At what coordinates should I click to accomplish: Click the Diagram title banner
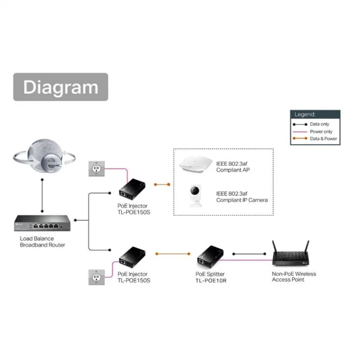tap(60, 87)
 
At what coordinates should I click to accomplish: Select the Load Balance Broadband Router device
tap(43, 223)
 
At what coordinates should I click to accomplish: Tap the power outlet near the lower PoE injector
tap(97, 277)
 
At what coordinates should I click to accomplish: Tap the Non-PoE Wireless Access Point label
tap(294, 277)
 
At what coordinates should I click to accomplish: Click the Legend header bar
tap(315, 114)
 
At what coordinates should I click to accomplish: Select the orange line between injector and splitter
tap(175, 254)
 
